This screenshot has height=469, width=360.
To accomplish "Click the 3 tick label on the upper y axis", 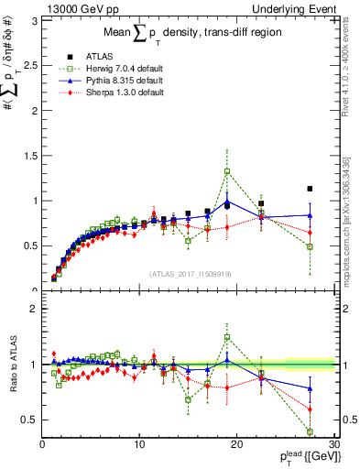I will click(35, 19).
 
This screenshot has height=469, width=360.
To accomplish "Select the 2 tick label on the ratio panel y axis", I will click(35, 309).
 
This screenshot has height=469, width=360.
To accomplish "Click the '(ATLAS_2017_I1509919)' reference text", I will click(190, 273).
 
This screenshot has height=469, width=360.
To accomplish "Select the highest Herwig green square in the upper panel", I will click(227, 171).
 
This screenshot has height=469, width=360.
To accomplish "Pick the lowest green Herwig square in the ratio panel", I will click(310, 431).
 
